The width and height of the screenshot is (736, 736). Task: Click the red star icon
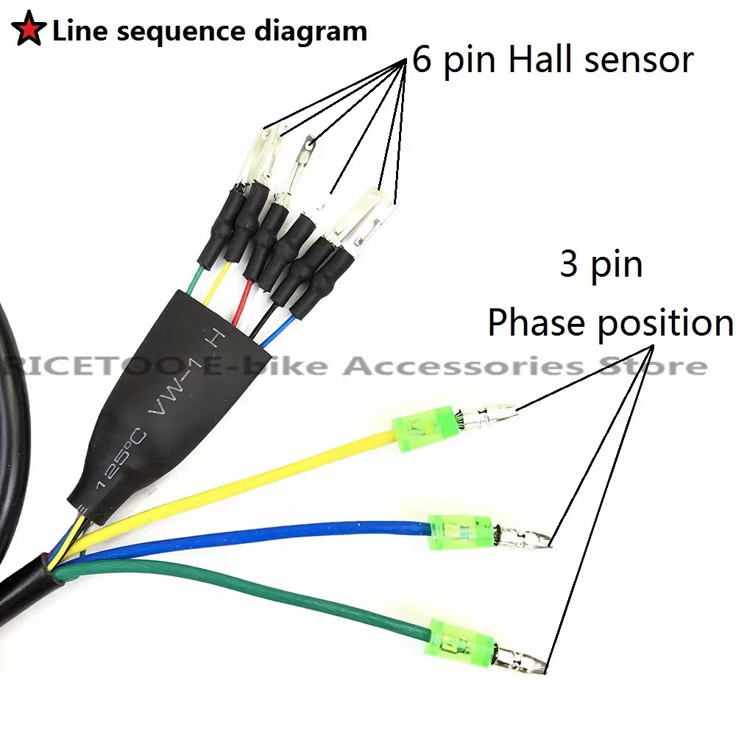(x=28, y=32)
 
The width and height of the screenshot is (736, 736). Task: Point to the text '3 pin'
(x=601, y=264)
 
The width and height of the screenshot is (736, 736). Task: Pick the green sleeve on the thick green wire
(x=461, y=637)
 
